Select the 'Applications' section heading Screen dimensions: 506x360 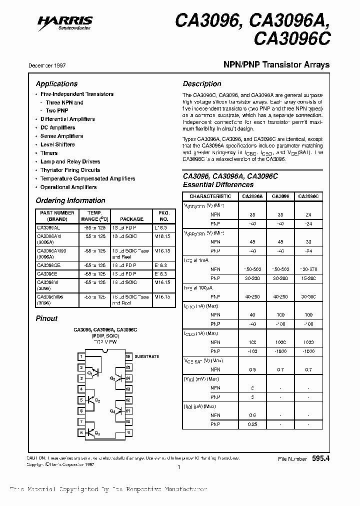point(56,84)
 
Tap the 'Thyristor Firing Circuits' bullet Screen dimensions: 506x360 point(70,170)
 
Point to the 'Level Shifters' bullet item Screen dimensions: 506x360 point(57,144)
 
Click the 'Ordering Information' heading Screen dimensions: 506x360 point(70,200)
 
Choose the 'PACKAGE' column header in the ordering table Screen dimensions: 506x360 point(131,219)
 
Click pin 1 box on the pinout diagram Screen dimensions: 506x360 point(81,356)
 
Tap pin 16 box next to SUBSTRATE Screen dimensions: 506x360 point(128,356)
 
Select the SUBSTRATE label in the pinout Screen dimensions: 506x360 point(146,356)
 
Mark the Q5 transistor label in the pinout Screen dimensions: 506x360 point(112,378)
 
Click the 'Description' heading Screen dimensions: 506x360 point(201,84)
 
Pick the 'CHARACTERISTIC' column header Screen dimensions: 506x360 point(210,196)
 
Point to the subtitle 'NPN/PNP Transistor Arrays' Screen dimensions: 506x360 point(275,64)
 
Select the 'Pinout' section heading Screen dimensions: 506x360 point(46,318)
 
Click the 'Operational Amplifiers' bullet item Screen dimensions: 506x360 point(68,187)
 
